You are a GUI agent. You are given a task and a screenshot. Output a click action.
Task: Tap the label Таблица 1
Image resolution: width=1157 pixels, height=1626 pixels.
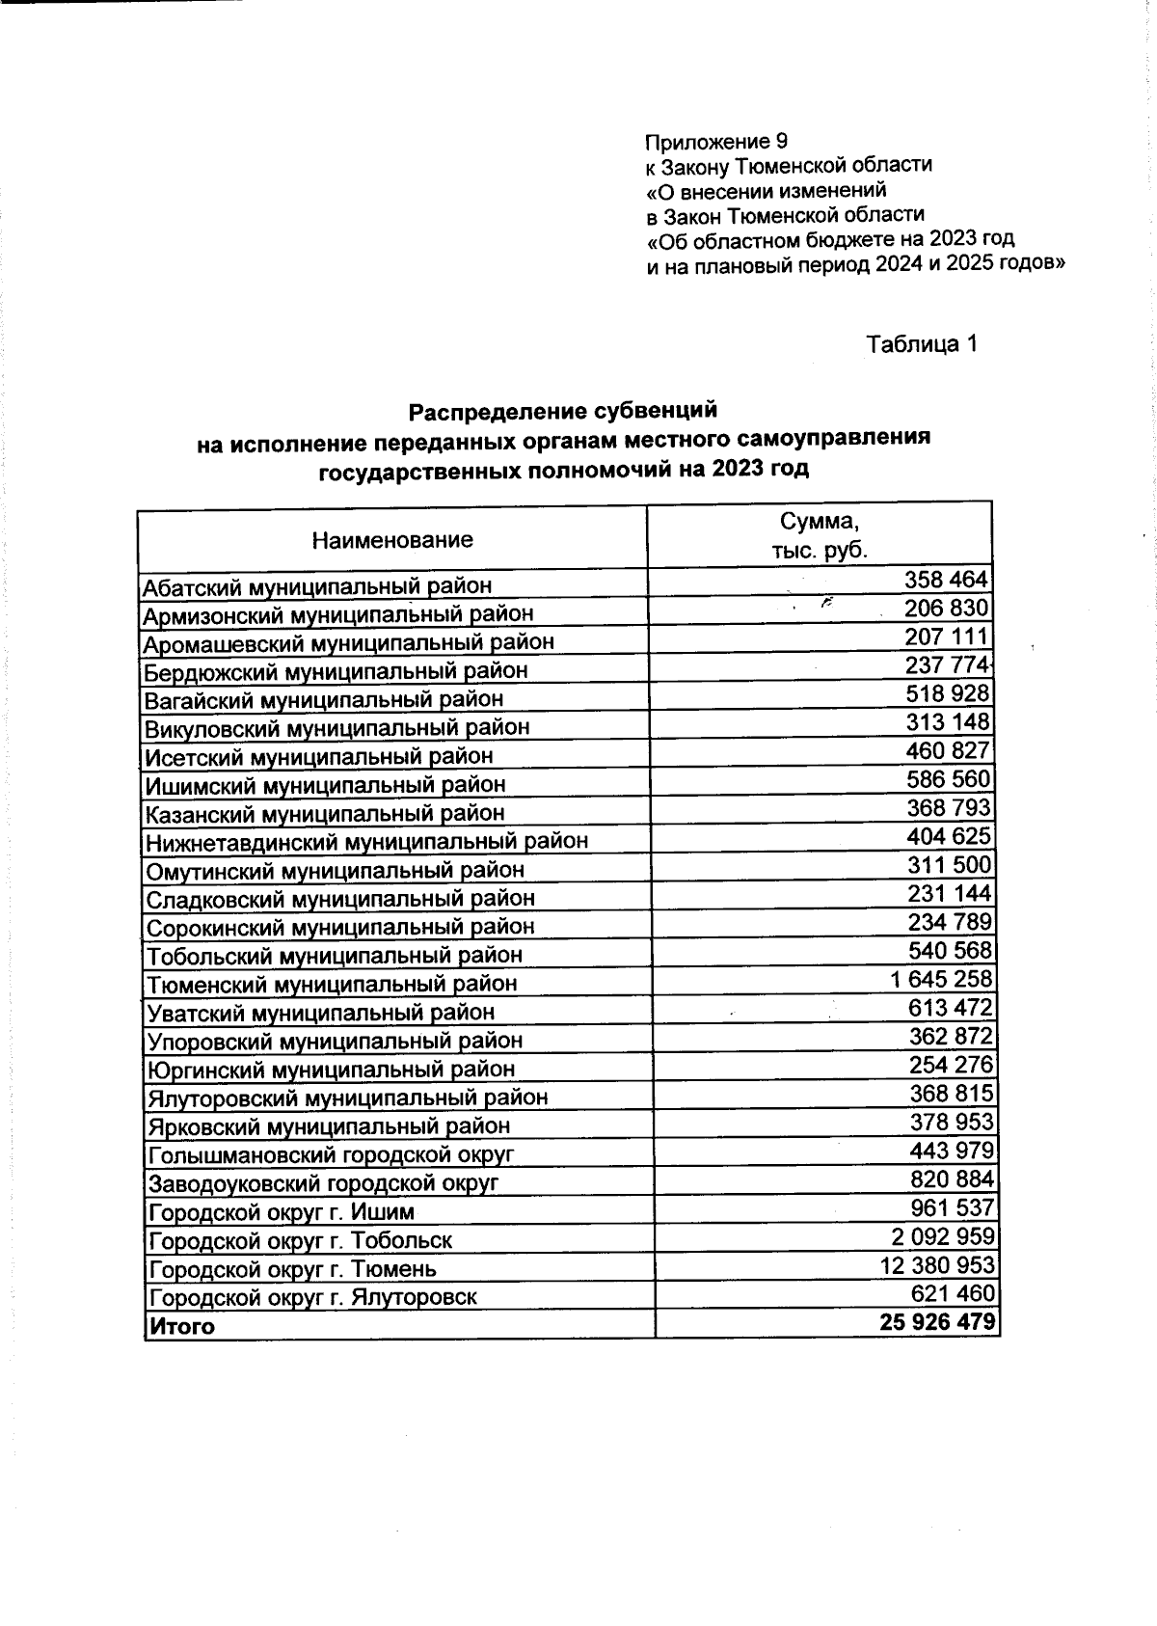922,344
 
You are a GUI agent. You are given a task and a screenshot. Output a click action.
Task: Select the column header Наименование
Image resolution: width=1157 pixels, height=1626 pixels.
392,539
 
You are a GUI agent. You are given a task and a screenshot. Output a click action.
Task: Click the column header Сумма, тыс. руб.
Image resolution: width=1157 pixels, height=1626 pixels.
819,536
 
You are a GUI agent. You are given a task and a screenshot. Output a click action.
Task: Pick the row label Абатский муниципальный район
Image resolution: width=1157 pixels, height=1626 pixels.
316,585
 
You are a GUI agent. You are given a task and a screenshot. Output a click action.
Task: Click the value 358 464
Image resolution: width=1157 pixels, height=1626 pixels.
946,580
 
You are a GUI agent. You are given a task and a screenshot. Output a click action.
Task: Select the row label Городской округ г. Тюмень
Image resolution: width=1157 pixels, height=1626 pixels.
292,1268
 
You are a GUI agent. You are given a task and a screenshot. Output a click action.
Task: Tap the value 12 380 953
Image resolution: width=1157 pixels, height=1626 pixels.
937,1263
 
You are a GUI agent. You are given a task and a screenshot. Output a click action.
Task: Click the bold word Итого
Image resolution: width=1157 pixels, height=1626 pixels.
181,1326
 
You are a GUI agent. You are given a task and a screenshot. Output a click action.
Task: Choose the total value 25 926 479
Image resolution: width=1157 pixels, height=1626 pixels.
936,1321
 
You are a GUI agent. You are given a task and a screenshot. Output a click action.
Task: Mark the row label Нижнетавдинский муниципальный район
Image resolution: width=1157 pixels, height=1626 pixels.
366,841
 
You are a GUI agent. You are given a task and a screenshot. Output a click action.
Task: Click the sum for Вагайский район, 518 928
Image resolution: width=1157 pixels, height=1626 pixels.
947,693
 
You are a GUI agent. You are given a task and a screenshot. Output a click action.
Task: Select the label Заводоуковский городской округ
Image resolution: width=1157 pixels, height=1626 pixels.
323,1182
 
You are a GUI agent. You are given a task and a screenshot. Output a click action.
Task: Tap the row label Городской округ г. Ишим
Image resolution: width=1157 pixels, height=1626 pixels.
282,1211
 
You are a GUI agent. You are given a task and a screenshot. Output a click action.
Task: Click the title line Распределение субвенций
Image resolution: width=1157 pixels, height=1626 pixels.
563,411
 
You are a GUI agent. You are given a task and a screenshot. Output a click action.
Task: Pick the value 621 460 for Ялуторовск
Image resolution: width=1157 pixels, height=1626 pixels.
952,1292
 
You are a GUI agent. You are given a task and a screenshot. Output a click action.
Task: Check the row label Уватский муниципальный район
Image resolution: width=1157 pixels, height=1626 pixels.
320,1013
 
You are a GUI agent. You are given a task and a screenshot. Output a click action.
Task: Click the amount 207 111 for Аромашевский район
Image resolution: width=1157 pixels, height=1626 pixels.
946,637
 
